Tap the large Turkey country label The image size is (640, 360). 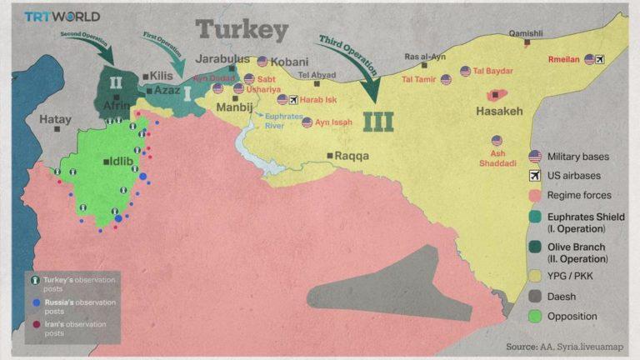tap(242, 31)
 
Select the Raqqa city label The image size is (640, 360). tap(351, 156)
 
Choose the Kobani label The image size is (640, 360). tap(289, 62)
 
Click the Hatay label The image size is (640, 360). tap(57, 119)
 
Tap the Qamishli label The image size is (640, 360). tap(525, 33)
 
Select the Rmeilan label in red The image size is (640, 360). tap(564, 59)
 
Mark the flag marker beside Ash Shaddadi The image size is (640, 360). tap(497, 141)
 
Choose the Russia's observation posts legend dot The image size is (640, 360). tap(36, 302)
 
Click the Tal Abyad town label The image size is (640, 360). tap(317, 75)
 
